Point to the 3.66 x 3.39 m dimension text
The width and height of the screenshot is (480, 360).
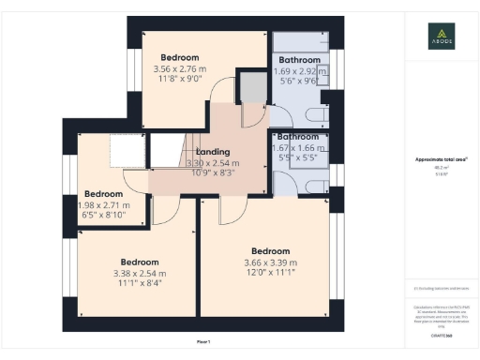pyautogui.click(x=270, y=262)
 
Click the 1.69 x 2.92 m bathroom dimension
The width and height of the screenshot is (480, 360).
pyautogui.click(x=298, y=71)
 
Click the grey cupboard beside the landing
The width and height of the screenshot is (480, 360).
pyautogui.click(x=251, y=88)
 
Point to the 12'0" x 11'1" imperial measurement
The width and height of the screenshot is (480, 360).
pyautogui.click(x=270, y=274)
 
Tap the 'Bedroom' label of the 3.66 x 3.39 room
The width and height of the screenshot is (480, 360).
pyautogui.click(x=270, y=250)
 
